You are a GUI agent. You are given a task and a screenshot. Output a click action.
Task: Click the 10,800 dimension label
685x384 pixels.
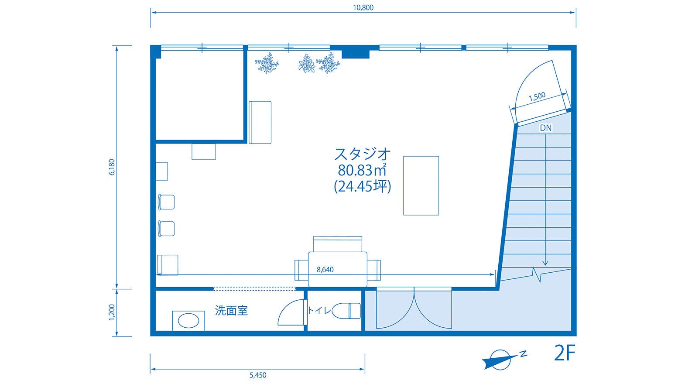363,7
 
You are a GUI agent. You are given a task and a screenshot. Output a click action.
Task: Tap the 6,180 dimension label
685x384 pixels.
112,167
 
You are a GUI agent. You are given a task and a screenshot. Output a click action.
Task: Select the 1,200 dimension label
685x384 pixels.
112,312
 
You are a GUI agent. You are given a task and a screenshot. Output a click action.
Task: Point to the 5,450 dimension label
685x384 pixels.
258,375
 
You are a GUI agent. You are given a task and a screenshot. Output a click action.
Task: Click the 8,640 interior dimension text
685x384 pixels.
325,270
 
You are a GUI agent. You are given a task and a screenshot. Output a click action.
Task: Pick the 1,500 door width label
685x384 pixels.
537,97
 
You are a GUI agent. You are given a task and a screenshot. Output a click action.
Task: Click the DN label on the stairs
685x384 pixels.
545,128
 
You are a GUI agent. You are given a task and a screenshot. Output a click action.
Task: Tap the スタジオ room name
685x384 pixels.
362,154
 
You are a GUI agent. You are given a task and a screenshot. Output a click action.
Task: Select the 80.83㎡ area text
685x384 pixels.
362,170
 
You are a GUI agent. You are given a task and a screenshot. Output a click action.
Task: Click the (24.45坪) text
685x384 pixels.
362,187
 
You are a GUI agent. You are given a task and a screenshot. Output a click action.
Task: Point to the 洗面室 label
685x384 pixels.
231,310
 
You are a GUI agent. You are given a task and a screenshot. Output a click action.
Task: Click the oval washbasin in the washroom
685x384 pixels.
189,321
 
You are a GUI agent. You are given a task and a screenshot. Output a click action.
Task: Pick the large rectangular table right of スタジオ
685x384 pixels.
421,185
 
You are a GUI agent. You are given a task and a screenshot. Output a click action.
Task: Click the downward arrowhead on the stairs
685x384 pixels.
545,263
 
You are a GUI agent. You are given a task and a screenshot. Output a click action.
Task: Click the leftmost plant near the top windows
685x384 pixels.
267,64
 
